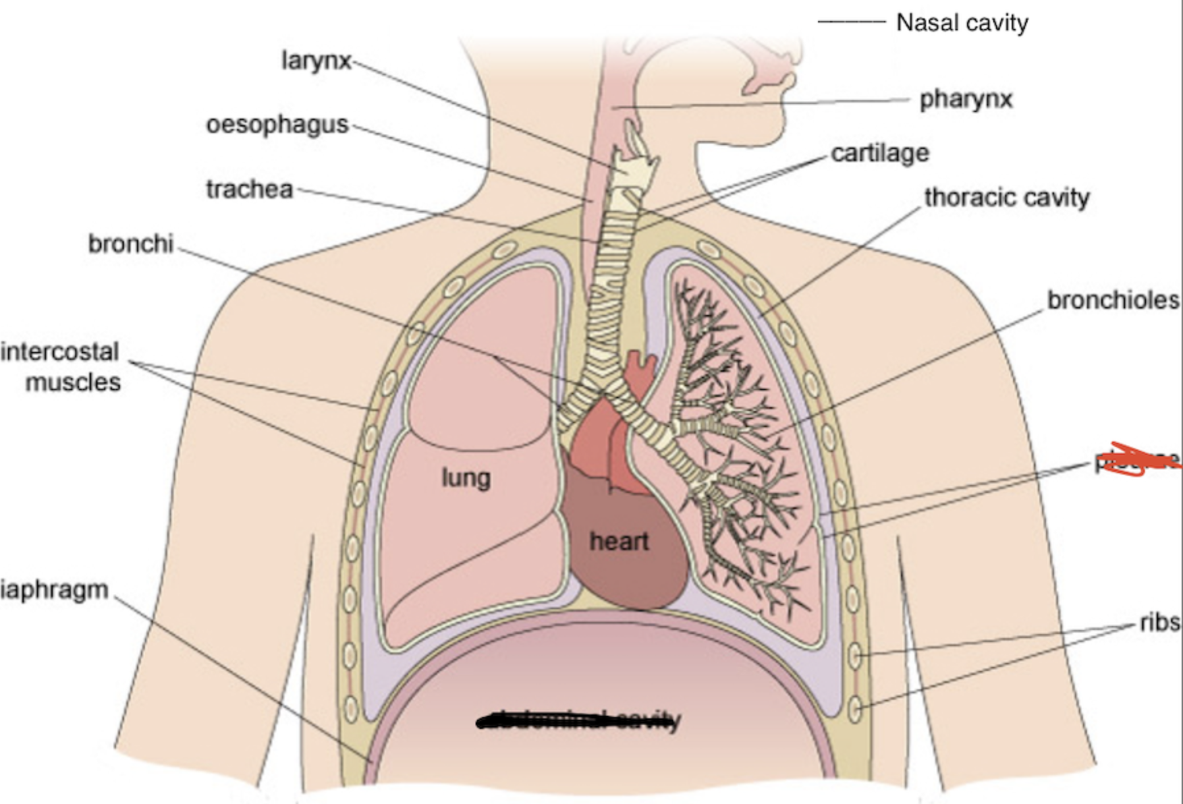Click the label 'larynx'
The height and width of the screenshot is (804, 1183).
click(x=316, y=61)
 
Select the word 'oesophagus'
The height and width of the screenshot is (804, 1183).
click(x=277, y=124)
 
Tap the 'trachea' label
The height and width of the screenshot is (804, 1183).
click(x=250, y=189)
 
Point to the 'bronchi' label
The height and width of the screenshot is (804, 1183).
click(x=131, y=244)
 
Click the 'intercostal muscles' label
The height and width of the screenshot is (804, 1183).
click(x=63, y=366)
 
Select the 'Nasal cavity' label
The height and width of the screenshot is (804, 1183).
click(x=962, y=23)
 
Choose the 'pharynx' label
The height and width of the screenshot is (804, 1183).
click(x=966, y=100)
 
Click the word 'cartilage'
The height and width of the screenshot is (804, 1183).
click(x=880, y=154)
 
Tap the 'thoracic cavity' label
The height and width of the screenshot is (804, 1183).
click(x=1006, y=197)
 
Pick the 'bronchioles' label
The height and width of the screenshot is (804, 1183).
click(x=1113, y=301)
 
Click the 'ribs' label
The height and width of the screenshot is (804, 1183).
click(x=1160, y=622)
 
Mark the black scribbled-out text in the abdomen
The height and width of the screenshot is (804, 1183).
click(x=578, y=721)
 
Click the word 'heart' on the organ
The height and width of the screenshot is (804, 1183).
click(x=619, y=542)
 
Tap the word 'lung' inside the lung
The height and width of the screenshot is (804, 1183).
click(x=466, y=478)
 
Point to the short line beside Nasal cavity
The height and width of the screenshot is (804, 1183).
click(x=851, y=22)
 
